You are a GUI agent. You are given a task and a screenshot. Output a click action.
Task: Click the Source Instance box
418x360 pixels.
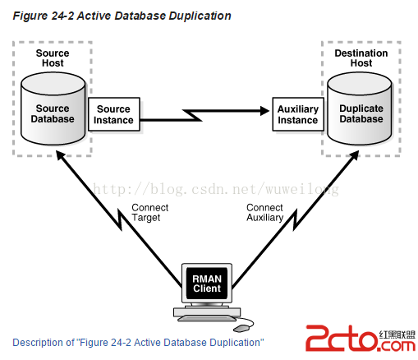(x=114, y=114)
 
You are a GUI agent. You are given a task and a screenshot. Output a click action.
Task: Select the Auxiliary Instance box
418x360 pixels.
(x=298, y=114)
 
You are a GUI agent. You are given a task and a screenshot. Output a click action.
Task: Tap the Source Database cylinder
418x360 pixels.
(x=53, y=108)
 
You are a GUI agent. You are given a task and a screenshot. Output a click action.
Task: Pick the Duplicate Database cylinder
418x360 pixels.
(x=360, y=108)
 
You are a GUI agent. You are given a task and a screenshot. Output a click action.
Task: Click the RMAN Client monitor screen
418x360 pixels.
(x=207, y=284)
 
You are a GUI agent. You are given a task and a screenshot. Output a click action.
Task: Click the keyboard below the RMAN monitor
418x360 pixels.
(x=207, y=318)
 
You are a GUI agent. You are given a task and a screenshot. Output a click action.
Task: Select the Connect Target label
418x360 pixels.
(x=150, y=213)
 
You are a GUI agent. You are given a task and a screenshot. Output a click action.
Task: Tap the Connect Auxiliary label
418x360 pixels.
(x=264, y=213)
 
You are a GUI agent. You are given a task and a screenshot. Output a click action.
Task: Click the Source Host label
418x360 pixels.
(x=53, y=58)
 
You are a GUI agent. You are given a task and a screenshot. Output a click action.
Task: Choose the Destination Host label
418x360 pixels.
(x=361, y=58)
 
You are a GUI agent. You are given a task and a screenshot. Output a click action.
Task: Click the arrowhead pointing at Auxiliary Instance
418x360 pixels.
(x=264, y=111)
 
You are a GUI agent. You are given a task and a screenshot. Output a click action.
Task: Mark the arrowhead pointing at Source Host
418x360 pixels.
(x=60, y=155)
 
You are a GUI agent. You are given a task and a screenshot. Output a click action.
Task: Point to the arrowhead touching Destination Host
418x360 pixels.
(x=354, y=155)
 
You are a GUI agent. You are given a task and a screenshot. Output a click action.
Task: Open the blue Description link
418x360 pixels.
(x=138, y=343)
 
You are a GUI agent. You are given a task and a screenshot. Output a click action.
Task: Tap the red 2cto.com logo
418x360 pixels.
(x=361, y=338)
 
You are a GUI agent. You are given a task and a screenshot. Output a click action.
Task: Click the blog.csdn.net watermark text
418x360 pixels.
(x=216, y=189)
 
